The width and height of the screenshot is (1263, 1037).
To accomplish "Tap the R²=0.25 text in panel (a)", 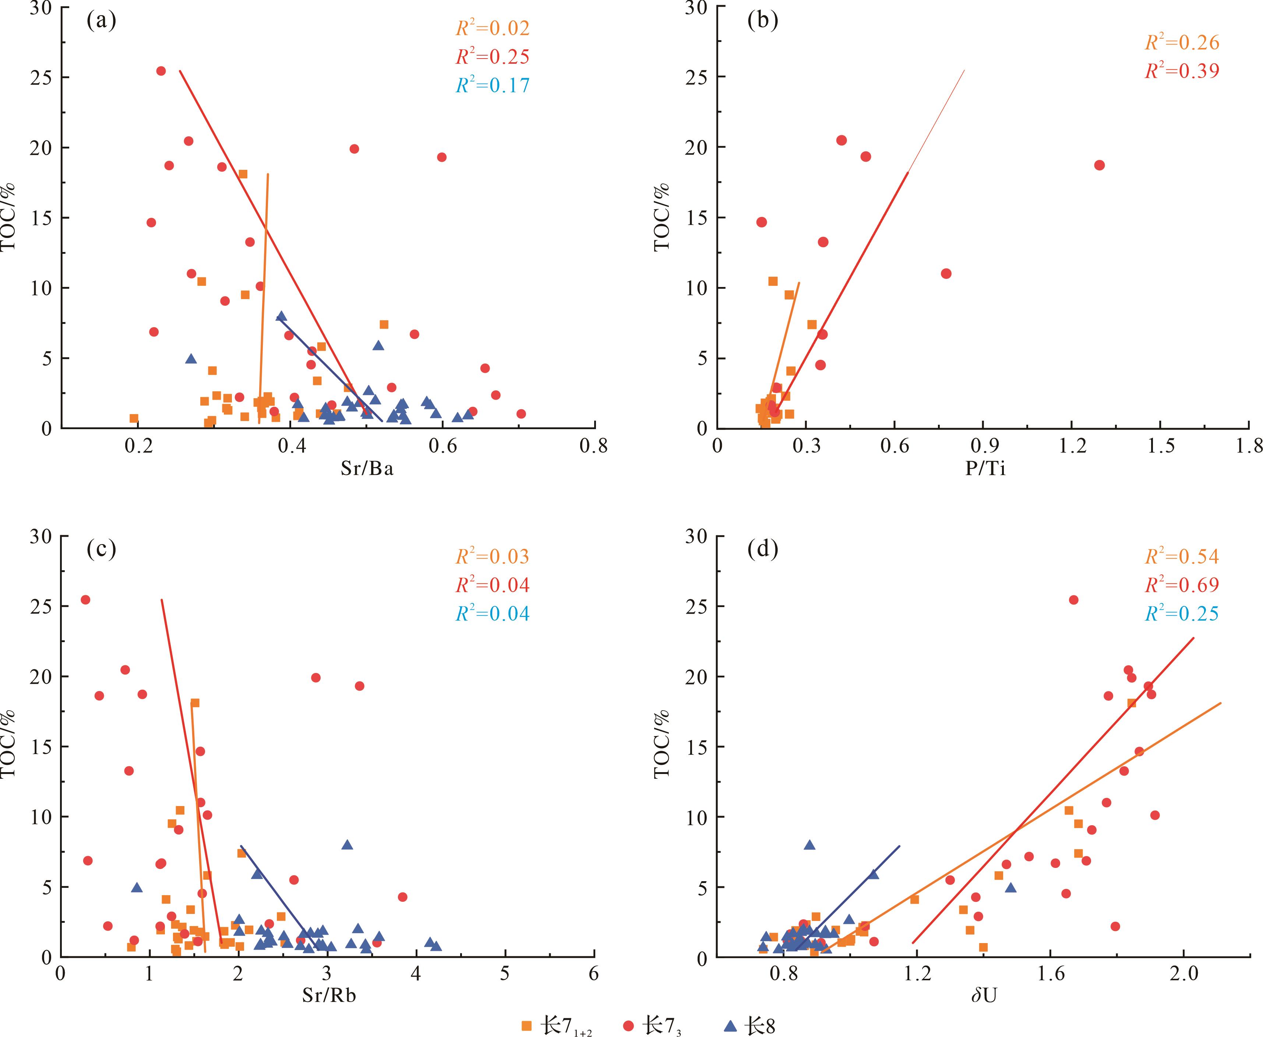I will [493, 57].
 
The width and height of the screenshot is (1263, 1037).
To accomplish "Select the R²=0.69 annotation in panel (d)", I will [1182, 585].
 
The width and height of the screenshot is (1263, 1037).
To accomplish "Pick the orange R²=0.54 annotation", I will [1182, 557].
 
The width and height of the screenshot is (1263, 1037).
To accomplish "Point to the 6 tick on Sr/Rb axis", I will [593, 974].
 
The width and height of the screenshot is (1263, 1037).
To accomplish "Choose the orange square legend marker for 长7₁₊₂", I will [526, 1026].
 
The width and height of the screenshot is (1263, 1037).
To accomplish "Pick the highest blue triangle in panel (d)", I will [809, 845].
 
